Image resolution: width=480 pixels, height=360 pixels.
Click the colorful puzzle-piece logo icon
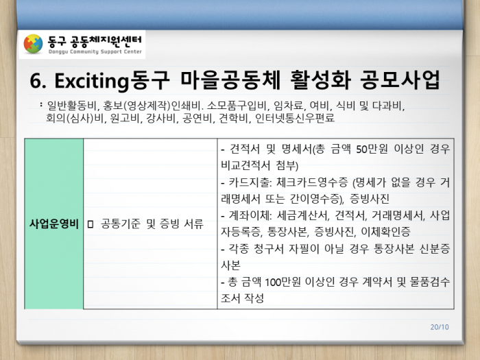click(33, 44)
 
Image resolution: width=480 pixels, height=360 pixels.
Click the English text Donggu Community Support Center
click(95, 51)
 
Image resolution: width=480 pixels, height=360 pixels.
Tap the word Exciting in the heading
click(91, 81)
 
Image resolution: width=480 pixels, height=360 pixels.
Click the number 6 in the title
click(36, 81)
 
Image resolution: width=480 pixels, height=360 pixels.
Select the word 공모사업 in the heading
click(400, 80)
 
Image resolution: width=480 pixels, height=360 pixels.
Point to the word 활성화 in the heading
click(320, 80)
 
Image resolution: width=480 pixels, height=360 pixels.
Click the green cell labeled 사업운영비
click(54, 224)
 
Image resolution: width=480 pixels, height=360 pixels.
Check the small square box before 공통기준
click(90, 224)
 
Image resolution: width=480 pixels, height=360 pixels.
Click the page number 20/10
click(440, 327)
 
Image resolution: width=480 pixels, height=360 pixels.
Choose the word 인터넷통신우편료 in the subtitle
click(295, 118)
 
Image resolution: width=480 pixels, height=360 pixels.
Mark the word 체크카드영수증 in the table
click(312, 182)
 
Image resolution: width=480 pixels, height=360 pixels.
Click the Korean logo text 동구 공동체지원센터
click(95, 40)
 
